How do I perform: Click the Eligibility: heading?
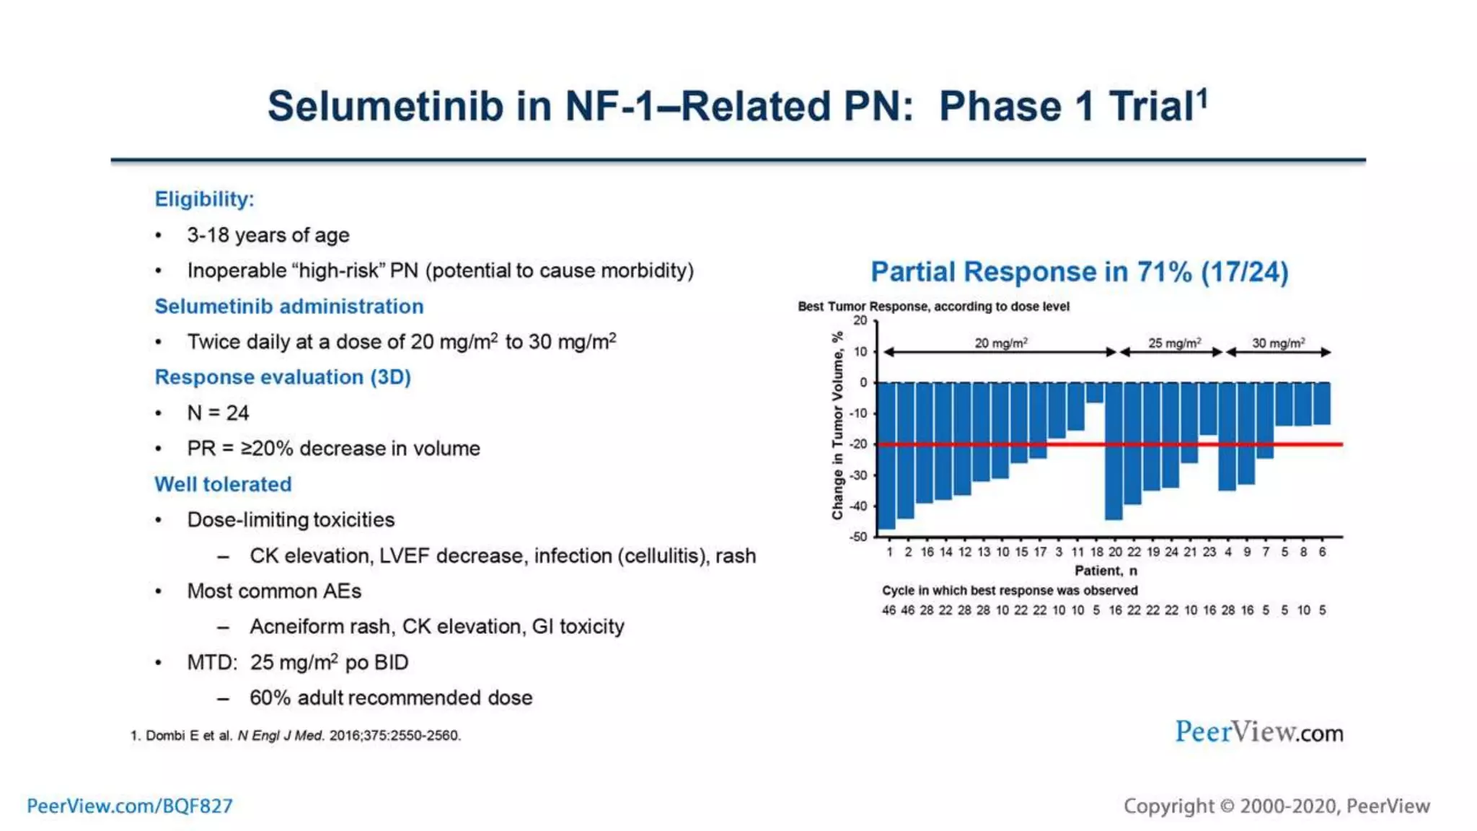point(204,199)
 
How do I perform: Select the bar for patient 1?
point(886,454)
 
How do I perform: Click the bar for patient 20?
point(1114,451)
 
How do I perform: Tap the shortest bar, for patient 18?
point(1095,392)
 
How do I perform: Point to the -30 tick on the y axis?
point(858,475)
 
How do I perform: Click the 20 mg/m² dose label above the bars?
point(1001,343)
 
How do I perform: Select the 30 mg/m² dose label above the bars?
point(1278,343)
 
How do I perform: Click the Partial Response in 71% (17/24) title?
point(1079,272)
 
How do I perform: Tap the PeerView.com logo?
point(1258,732)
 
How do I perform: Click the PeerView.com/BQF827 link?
point(130,806)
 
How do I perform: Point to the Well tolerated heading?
point(223,484)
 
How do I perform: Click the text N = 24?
point(218,413)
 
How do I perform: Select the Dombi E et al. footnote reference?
point(296,736)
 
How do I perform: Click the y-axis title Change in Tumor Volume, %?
point(837,426)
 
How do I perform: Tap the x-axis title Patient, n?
point(1106,571)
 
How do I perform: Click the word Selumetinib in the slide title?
point(385,106)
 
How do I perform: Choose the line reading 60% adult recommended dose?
point(391,698)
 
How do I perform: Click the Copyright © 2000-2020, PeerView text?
point(1277,806)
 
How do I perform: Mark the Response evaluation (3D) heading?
point(283,377)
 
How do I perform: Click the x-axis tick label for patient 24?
point(1171,552)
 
